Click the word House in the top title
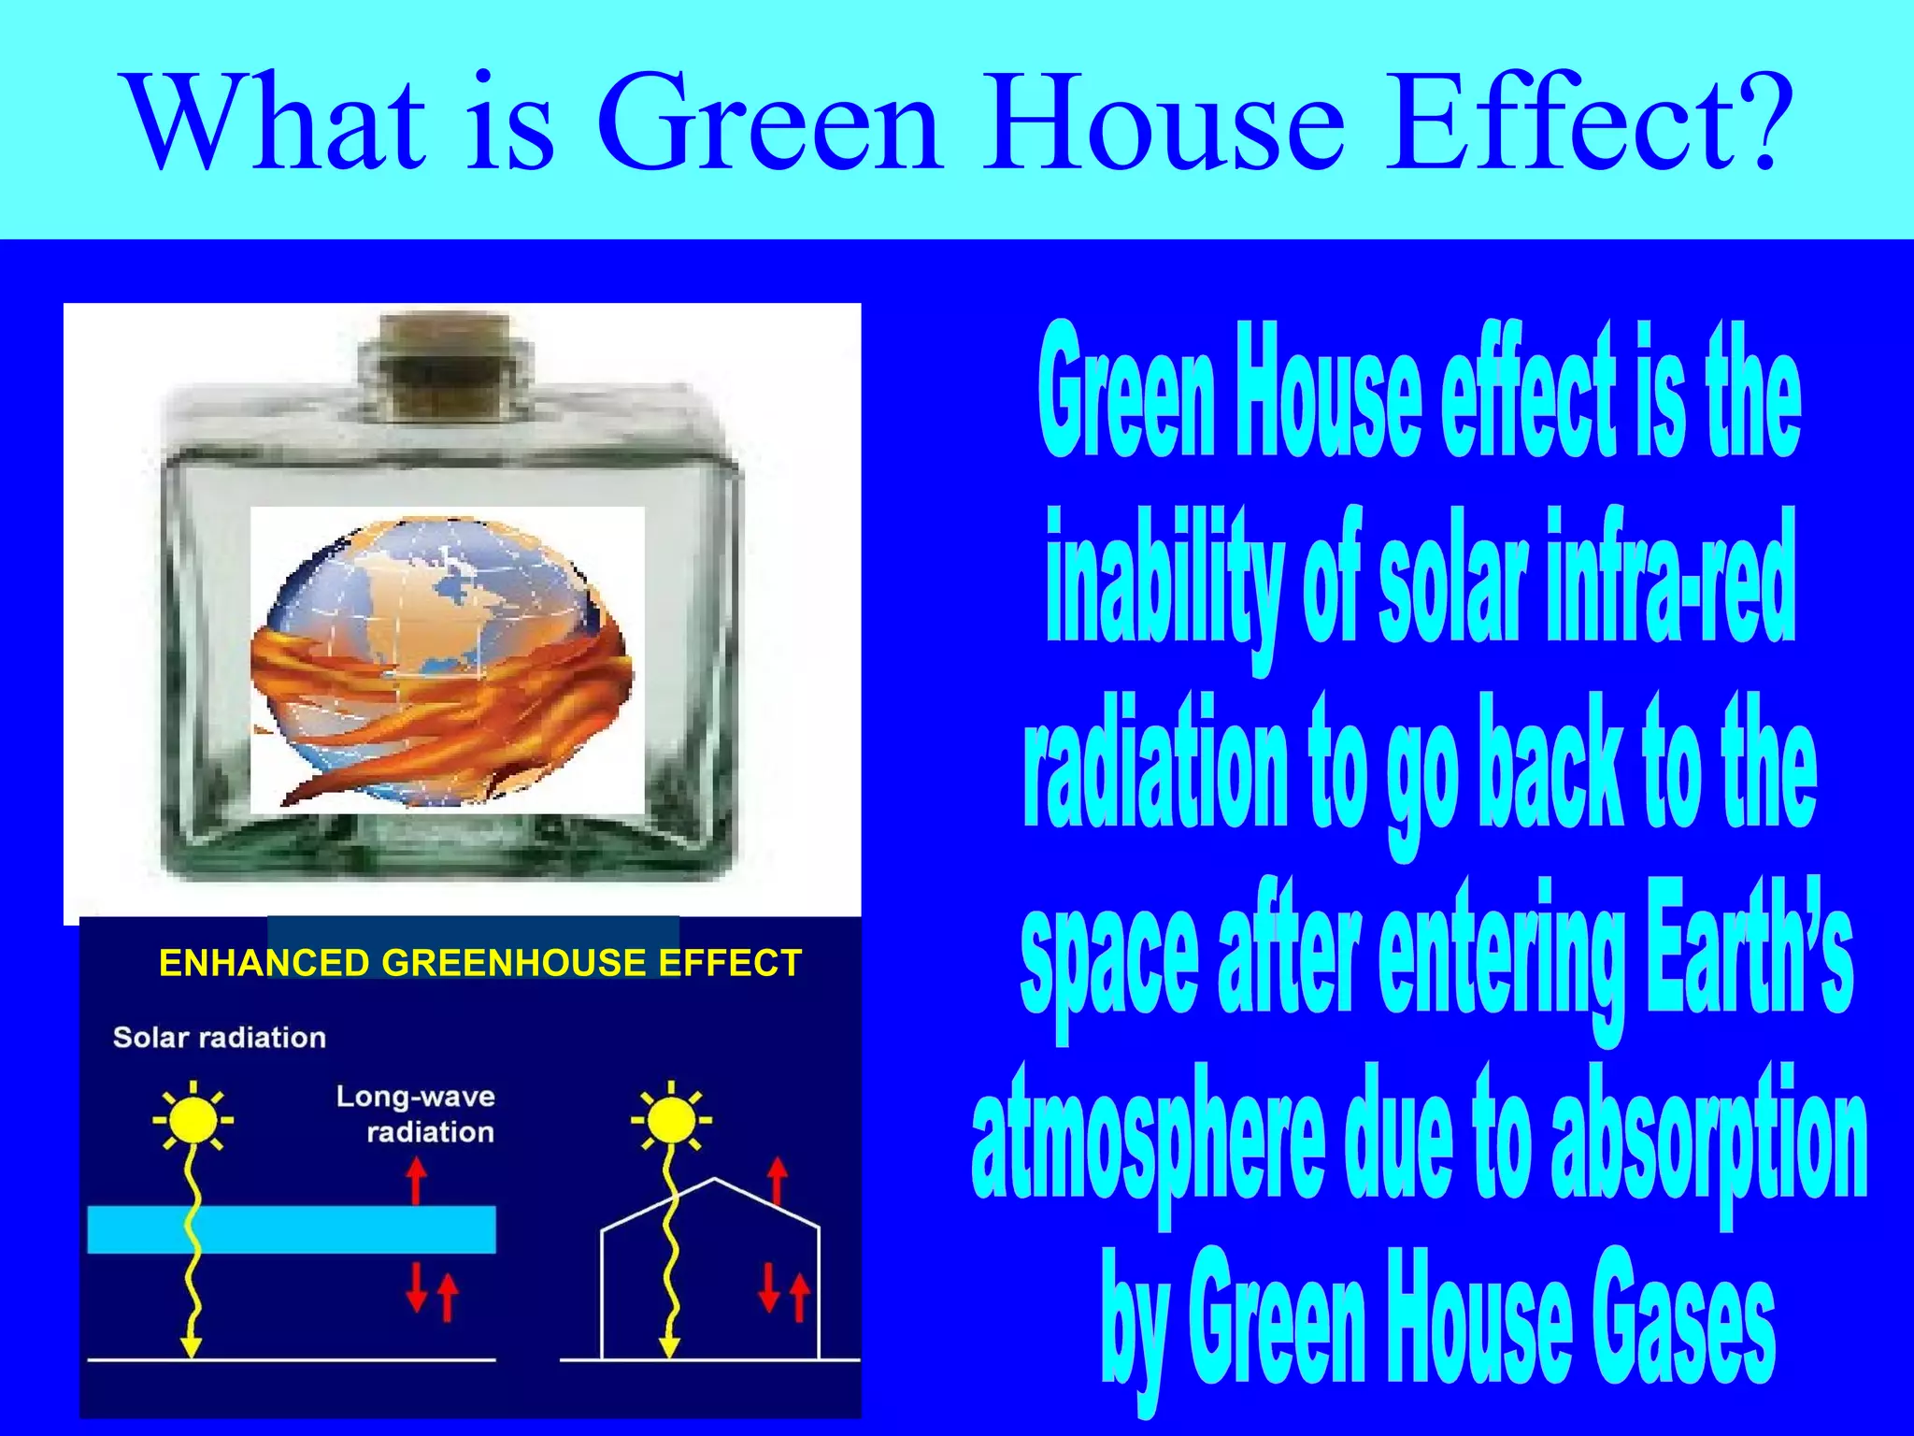coord(1164,122)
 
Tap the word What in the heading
coord(277,122)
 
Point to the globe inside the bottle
coord(439,659)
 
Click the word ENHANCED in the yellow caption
coord(264,963)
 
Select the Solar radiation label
coord(220,1038)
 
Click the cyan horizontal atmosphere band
coord(292,1229)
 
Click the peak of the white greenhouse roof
coord(715,1180)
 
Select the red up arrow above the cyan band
coord(417,1180)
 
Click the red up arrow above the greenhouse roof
coord(777,1180)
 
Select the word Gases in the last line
coord(1682,1318)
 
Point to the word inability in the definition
coord(1164,580)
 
